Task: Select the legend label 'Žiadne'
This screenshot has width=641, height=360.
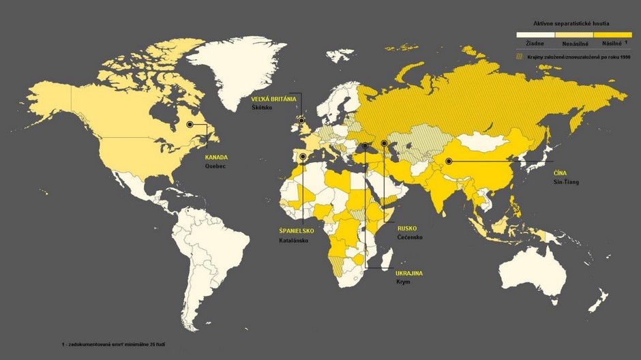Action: [535, 43]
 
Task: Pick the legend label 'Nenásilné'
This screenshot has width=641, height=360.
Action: [575, 43]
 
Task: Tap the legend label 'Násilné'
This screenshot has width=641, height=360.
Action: [612, 43]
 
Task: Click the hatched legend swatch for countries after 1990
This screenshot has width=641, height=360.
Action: [520, 57]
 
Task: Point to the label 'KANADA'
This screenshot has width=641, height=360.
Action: [216, 157]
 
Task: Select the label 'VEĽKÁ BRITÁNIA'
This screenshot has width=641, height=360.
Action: [273, 99]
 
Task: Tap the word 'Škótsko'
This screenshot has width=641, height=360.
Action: [262, 108]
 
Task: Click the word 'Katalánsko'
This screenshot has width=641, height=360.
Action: [294, 241]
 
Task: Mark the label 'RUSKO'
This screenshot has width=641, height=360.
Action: [407, 228]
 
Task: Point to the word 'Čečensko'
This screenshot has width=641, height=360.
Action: [410, 237]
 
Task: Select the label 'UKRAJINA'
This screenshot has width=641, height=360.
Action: [409, 273]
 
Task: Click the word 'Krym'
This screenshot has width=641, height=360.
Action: [403, 282]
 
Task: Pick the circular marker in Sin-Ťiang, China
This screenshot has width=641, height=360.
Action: [449, 162]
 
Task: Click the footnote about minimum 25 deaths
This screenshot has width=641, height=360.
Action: [113, 345]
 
